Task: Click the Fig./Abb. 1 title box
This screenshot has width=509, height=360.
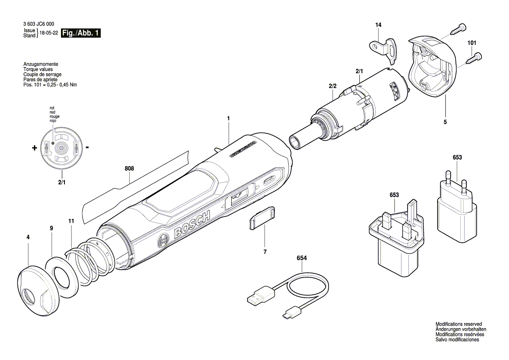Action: click(x=81, y=33)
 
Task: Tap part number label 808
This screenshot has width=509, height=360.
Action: click(x=129, y=169)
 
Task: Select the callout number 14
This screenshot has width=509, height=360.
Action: click(x=378, y=25)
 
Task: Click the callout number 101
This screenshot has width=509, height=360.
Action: click(x=472, y=43)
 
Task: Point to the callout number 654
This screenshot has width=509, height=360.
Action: click(x=302, y=258)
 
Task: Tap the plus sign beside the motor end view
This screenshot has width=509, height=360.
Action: click(x=34, y=148)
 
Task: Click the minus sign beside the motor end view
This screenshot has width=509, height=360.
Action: click(x=88, y=147)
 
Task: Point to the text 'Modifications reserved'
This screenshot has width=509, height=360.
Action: click(x=458, y=324)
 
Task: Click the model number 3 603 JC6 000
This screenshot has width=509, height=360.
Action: click(x=39, y=24)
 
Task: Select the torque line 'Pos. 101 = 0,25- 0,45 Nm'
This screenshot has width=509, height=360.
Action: click(x=50, y=85)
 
